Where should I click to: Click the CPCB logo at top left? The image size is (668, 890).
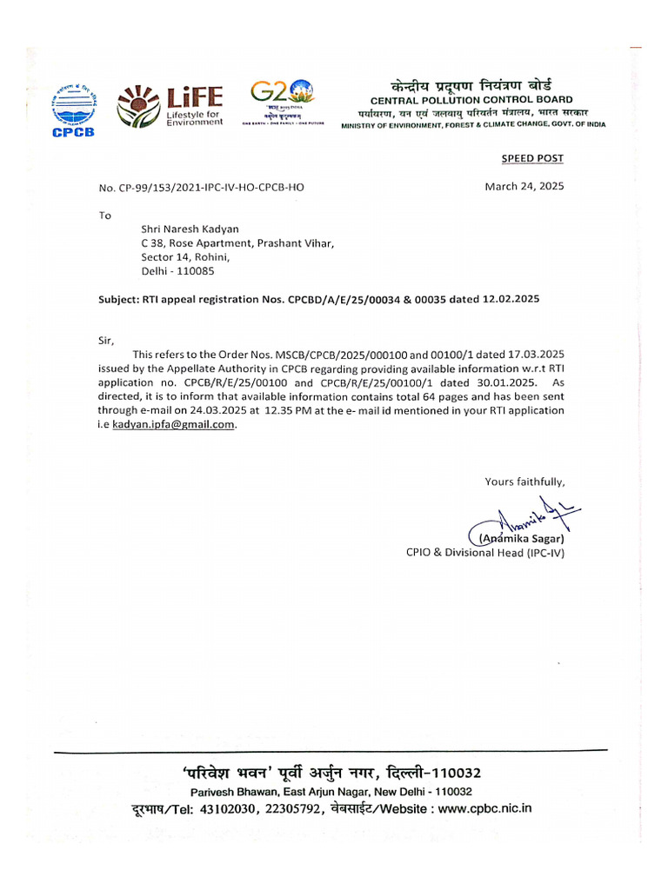[x=74, y=108]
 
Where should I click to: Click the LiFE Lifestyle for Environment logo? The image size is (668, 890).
[x=170, y=106]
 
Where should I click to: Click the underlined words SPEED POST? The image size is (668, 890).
[x=531, y=158]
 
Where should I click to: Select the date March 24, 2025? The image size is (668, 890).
[x=524, y=187]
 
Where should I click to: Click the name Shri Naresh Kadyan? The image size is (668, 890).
[x=190, y=229]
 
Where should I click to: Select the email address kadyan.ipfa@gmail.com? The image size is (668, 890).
[x=174, y=425]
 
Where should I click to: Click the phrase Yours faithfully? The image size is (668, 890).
[x=524, y=482]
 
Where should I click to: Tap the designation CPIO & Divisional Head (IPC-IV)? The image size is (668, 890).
[x=484, y=553]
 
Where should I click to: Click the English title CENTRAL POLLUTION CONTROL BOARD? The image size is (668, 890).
[x=471, y=100]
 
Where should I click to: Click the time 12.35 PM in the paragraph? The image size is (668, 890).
[x=315, y=410]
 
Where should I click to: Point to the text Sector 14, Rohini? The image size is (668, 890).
[x=184, y=256]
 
